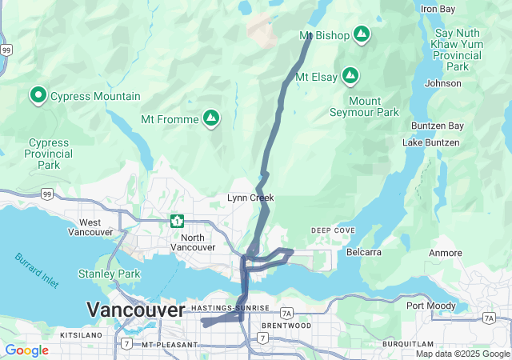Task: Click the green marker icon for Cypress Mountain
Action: point(38,96)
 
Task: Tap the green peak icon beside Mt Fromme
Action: point(211,118)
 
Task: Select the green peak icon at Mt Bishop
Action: point(362,34)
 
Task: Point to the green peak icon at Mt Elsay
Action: point(350,77)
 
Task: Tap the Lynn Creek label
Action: point(250,198)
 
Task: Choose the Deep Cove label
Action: point(333,230)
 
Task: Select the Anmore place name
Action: point(446,253)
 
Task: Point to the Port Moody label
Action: point(431,306)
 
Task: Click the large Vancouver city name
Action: point(135,310)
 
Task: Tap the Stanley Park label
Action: point(109,274)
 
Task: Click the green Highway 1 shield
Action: point(177,221)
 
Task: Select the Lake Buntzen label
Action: point(431,142)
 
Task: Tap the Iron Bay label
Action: point(438,9)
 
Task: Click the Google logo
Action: point(26,350)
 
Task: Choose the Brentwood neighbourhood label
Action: point(286,326)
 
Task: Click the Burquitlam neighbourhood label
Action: point(408,343)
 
